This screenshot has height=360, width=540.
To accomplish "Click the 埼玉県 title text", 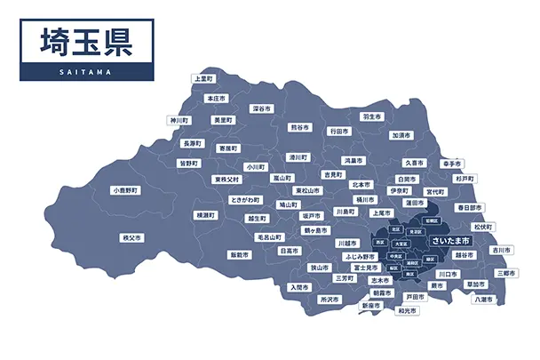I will tap(85, 42).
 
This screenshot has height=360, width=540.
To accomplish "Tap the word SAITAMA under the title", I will tap(86, 72).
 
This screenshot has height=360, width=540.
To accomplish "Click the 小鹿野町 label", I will tap(126, 190).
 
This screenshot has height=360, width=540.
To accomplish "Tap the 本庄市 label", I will tap(216, 98).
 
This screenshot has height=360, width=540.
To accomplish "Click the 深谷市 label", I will tap(261, 108).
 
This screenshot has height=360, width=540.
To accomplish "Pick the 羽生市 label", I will tap(371, 116).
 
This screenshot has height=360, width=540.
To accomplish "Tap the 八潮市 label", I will tap(484, 299).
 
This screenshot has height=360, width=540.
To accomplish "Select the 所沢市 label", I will tap(330, 300).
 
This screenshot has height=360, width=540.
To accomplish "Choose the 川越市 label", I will tap(346, 242).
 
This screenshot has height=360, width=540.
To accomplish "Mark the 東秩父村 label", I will tap(227, 179).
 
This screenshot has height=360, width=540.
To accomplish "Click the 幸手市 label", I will tap(451, 164).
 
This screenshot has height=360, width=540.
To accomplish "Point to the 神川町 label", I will tap(180, 120).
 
